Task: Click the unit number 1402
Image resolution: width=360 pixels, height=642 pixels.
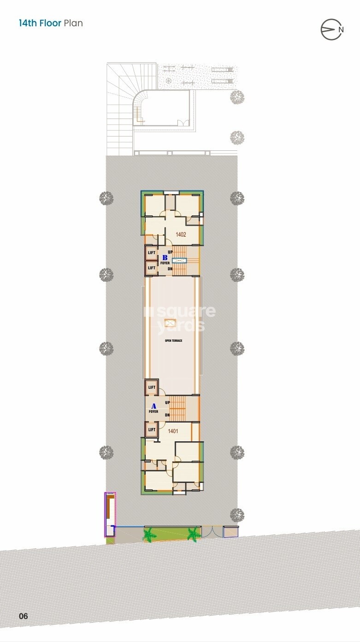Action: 181,234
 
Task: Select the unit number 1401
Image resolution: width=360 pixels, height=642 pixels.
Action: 173,431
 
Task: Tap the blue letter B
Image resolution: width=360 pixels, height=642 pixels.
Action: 165,257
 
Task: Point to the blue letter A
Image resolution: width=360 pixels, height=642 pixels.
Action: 153,406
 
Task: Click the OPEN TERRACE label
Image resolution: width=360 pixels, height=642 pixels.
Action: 174,340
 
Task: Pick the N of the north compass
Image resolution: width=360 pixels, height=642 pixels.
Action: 341,29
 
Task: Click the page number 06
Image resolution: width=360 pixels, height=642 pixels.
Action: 24,616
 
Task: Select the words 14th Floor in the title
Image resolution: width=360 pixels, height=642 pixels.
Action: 40,23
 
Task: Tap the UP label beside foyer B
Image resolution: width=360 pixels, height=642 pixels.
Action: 170,252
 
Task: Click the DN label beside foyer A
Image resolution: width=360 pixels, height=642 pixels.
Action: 167,415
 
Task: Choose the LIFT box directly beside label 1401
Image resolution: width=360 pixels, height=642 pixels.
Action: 152,429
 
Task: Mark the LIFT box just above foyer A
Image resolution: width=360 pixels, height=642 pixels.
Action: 152,387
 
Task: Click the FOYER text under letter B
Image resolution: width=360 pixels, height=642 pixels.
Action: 165,263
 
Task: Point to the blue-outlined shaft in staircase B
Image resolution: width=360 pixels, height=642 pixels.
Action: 179,261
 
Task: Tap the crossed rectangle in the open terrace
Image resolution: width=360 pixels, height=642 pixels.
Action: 170,323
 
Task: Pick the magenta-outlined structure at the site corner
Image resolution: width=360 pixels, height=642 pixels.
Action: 110,514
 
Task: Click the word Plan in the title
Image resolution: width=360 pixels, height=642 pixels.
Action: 73,23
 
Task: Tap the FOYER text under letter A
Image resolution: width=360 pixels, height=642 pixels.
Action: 153,411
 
